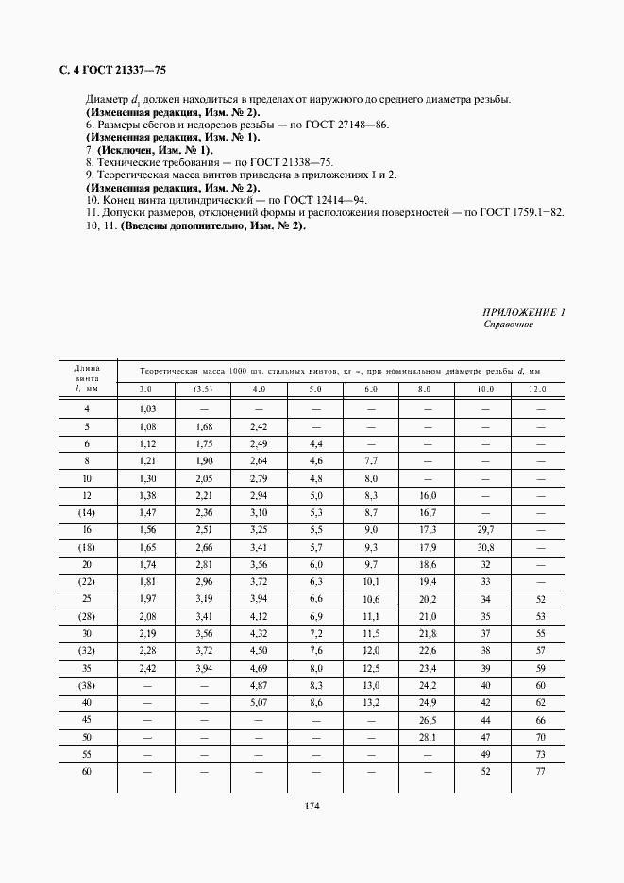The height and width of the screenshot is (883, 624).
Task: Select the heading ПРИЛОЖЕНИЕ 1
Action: (x=523, y=312)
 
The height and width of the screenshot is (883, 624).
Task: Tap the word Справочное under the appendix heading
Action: (x=509, y=324)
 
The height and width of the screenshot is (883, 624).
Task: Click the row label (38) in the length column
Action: (x=87, y=686)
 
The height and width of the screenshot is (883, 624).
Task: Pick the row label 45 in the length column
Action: (x=87, y=720)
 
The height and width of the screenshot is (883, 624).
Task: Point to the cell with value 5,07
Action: (x=259, y=703)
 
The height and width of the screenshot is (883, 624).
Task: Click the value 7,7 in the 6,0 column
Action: (x=371, y=460)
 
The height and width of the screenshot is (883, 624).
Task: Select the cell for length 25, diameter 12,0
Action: (x=541, y=599)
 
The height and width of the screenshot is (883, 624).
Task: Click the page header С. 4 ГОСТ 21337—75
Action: (x=112, y=69)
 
